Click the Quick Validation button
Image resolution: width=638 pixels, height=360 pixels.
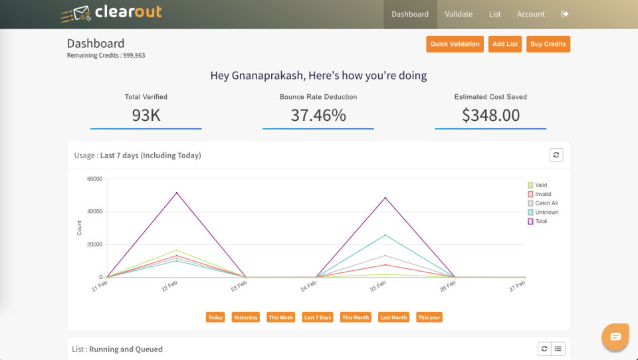455,44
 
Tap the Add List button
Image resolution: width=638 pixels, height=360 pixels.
505,44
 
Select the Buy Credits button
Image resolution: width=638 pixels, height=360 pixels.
548,44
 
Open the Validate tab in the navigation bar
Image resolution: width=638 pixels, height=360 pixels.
459,14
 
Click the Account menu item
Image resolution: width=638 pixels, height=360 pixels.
530,14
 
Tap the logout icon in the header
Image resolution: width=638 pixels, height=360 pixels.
564,14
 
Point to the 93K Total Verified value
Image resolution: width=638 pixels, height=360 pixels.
146,115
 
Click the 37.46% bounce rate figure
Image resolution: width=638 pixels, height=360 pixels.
318,115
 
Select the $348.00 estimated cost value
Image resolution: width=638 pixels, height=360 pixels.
490,115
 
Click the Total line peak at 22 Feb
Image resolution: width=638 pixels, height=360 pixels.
177,193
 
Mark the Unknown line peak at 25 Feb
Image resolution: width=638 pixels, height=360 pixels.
385,235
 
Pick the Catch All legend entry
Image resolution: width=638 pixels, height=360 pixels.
543,203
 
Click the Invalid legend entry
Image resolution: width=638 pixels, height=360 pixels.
540,194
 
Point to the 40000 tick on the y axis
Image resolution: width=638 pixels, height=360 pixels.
95,211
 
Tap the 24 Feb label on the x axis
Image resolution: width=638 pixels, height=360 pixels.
308,286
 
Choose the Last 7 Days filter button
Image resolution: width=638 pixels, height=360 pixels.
318,317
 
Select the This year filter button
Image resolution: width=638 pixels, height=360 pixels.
429,317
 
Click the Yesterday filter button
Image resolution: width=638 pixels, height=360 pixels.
246,317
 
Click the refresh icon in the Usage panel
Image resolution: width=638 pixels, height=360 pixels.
556,155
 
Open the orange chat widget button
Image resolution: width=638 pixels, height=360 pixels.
615,336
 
